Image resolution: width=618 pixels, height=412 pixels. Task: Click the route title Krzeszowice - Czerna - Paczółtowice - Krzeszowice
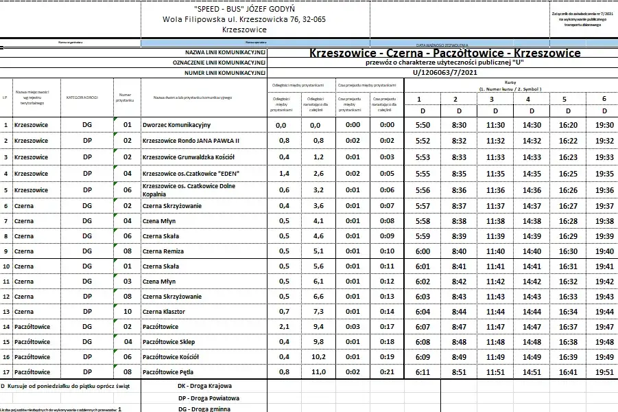click(444, 53)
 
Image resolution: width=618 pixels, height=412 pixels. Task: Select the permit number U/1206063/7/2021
click(444, 72)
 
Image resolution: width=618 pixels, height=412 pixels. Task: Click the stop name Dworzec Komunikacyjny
click(176, 125)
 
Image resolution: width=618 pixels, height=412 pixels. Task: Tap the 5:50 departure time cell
click(423, 125)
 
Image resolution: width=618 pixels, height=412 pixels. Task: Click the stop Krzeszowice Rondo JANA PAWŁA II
click(191, 141)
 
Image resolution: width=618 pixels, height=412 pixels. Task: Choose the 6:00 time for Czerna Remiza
click(423, 251)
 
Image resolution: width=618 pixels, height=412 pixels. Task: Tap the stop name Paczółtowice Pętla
click(169, 371)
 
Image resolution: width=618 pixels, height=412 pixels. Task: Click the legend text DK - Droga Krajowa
click(204, 386)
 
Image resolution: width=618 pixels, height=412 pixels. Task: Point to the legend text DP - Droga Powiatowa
click(209, 398)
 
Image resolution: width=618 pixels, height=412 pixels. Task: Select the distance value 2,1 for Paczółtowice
click(281, 327)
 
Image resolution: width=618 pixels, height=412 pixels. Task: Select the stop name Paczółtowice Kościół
click(171, 356)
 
